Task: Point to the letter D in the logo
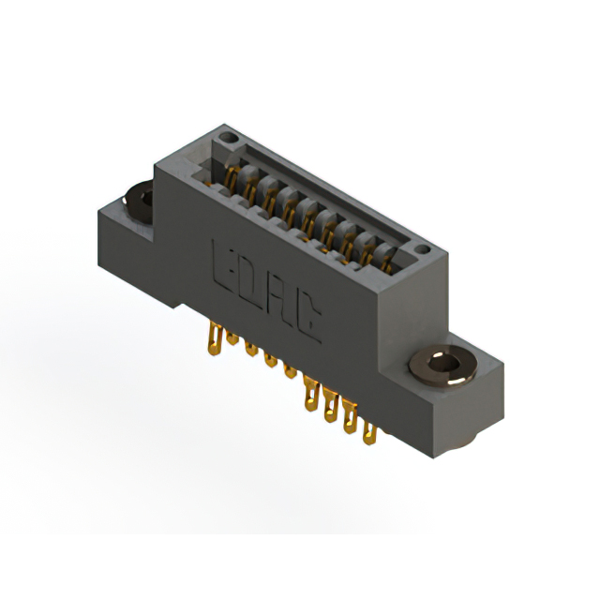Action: (251, 279)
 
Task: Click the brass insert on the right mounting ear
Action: (443, 366)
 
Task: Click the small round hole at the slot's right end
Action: (421, 250)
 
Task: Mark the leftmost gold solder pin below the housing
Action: (214, 336)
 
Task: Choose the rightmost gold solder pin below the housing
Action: (370, 431)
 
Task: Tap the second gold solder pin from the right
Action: (350, 417)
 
